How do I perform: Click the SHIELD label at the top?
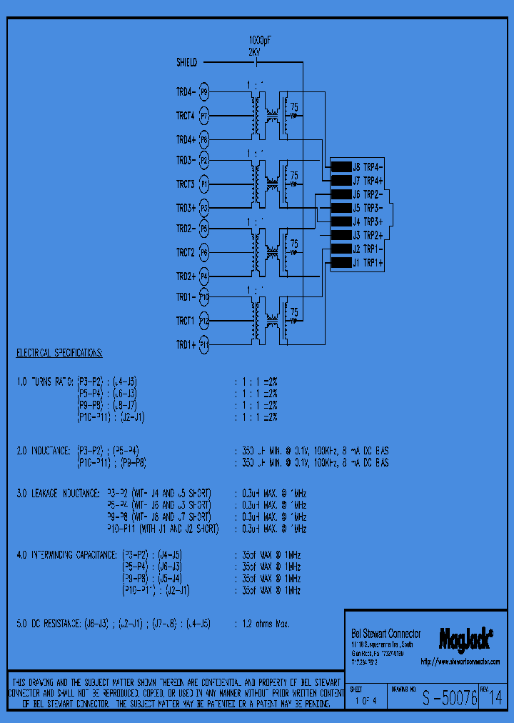pyautogui.click(x=186, y=62)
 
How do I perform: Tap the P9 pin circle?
pyautogui.click(x=203, y=92)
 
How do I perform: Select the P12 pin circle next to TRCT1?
pyautogui.click(x=204, y=321)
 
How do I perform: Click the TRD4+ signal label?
pyautogui.click(x=186, y=139)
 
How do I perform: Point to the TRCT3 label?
pyautogui.click(x=186, y=184)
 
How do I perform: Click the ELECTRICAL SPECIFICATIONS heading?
pyautogui.click(x=59, y=354)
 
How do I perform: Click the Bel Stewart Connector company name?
pyautogui.click(x=385, y=634)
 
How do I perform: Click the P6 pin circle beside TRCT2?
pyautogui.click(x=204, y=253)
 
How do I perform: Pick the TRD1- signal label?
pyautogui.click(x=186, y=297)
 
